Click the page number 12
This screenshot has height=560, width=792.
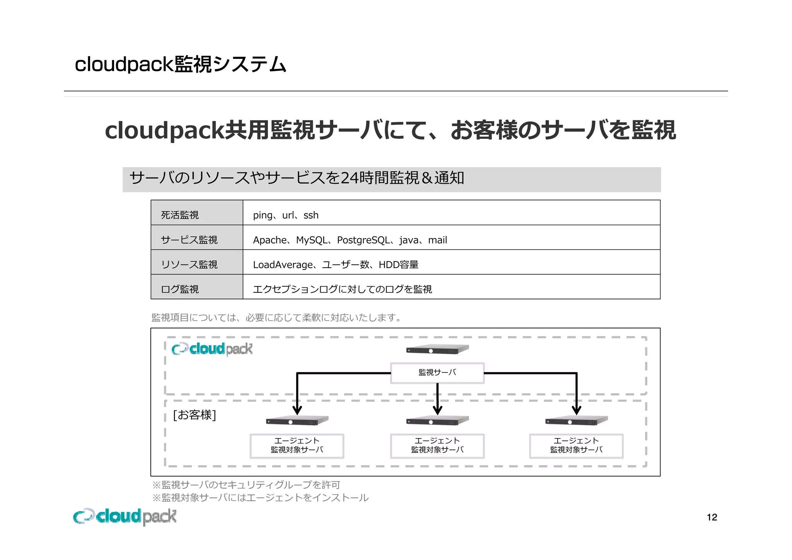[712, 517]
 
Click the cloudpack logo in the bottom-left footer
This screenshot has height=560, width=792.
[125, 516]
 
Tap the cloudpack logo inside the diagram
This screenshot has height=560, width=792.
[212, 349]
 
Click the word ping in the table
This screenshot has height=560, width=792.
[262, 215]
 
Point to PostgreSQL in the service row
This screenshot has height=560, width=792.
[363, 240]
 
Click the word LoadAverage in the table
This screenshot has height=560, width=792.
[282, 265]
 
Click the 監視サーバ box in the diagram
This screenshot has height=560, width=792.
[437, 373]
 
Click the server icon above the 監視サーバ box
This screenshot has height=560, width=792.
[437, 350]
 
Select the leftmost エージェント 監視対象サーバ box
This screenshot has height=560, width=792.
[297, 446]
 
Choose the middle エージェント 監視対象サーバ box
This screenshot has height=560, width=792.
[437, 446]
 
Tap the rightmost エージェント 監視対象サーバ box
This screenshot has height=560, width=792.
[576, 446]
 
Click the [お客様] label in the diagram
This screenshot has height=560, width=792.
[194, 415]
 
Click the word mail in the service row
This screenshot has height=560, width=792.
[437, 240]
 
